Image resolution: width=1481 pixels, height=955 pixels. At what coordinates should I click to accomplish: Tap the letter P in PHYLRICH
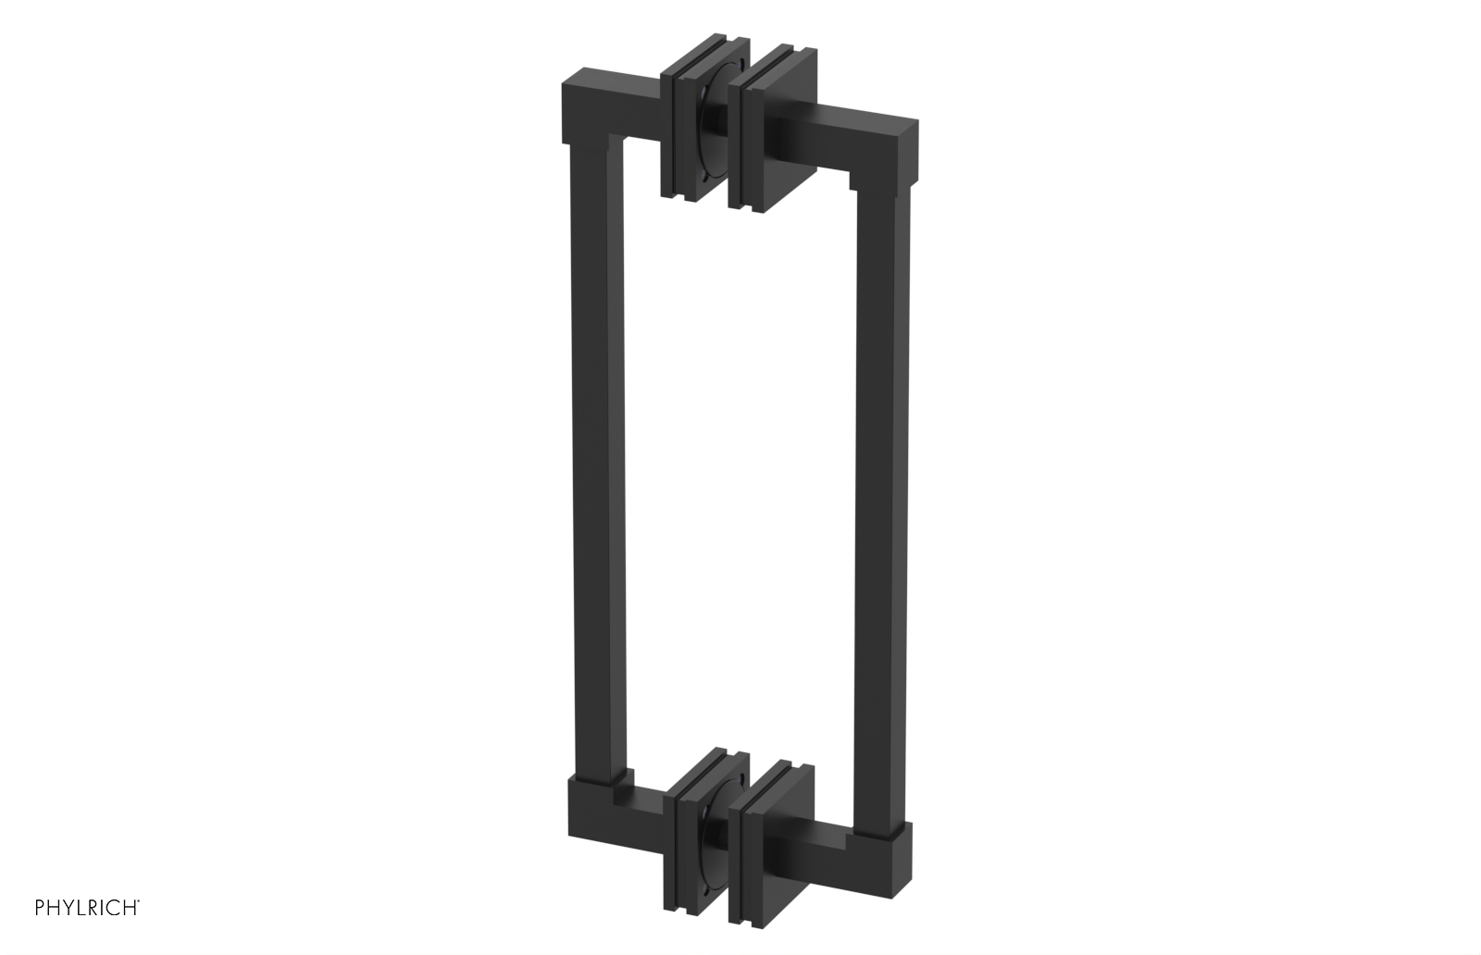click(40, 908)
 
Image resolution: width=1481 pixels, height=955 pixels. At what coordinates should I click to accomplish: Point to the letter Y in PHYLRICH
click(68, 908)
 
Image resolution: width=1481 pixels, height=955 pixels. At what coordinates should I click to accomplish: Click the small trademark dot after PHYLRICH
click(139, 902)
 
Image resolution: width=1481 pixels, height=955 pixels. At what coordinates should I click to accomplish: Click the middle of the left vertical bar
click(595, 463)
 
